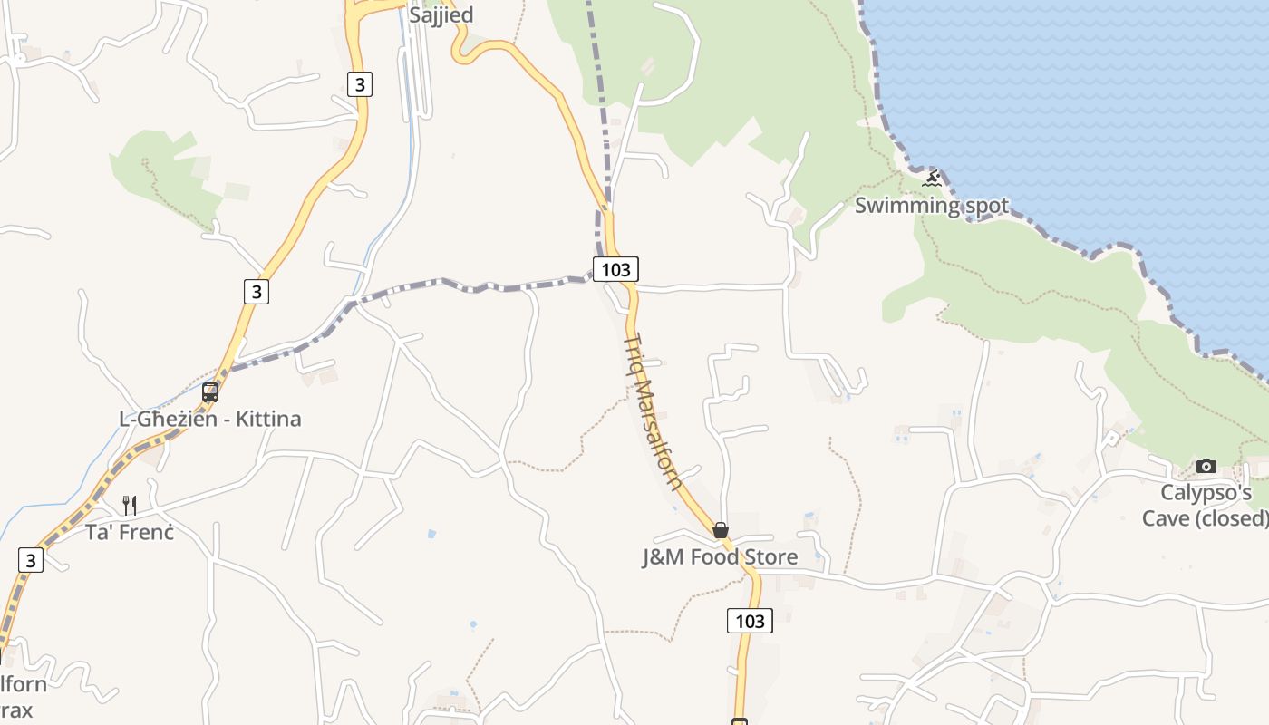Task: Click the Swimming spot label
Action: [931, 206]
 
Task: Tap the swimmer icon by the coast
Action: [932, 179]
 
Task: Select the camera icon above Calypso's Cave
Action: [1206, 467]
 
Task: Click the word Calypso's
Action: [1206, 493]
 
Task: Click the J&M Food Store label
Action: [720, 556]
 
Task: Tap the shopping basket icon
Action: [721, 530]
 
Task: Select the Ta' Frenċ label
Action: [129, 531]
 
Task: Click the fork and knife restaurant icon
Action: [130, 505]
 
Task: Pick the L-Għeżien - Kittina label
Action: [210, 419]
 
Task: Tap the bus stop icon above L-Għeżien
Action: [210, 392]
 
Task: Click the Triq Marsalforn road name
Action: [653, 411]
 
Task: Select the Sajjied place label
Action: [441, 15]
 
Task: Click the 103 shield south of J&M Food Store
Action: [750, 621]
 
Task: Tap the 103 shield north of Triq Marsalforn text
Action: [615, 269]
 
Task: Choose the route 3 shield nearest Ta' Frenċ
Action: [31, 560]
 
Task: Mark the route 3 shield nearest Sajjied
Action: [360, 84]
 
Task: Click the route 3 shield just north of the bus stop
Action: [257, 291]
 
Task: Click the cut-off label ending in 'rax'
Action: [16, 710]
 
